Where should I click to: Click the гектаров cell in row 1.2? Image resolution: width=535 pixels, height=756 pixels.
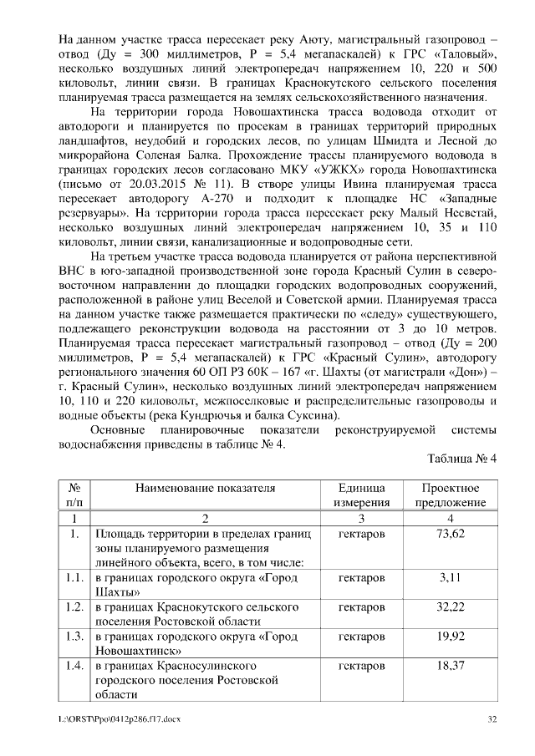coord(362,606)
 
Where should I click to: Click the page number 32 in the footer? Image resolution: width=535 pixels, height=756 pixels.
coord(492,718)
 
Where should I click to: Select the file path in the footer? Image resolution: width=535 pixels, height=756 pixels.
coord(120,718)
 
